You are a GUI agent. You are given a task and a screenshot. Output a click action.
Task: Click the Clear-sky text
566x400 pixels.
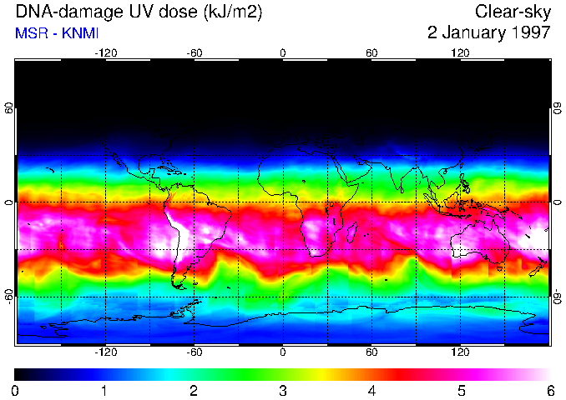513,12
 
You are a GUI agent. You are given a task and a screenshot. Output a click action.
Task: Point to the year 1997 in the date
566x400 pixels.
529,33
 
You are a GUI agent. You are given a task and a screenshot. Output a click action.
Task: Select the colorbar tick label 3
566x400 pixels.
282,390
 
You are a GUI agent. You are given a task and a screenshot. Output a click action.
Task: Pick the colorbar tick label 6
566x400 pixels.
549,390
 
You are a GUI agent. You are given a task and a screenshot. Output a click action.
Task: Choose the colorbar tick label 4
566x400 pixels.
371,390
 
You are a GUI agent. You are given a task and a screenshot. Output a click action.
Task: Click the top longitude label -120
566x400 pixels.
105,53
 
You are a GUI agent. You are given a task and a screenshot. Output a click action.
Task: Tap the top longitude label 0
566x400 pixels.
283,53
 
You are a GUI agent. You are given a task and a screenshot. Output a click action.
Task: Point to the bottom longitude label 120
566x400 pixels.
460,352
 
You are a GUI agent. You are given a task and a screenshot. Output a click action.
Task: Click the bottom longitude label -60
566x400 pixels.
194,352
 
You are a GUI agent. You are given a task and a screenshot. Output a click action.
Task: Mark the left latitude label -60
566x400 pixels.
9,296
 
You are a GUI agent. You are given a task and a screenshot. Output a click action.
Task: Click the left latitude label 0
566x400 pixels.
9,202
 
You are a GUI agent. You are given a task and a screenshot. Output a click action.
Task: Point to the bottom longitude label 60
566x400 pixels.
371,352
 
